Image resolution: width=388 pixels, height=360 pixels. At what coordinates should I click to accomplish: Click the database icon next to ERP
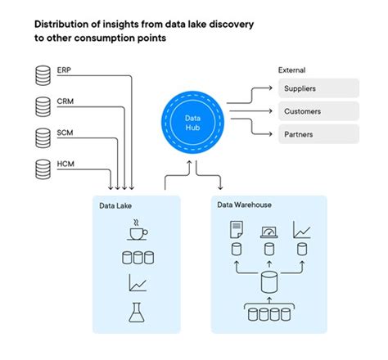[42, 76]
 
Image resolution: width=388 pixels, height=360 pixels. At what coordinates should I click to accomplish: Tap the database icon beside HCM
[42, 169]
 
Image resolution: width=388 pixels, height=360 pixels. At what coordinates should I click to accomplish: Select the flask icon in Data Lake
[137, 311]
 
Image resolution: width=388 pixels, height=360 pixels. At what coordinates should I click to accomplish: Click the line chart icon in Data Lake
[137, 284]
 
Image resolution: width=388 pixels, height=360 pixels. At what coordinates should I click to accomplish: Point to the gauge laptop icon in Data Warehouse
[268, 233]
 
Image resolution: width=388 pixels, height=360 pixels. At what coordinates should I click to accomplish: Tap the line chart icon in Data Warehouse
[302, 233]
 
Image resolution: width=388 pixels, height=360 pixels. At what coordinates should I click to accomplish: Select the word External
[292, 70]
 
